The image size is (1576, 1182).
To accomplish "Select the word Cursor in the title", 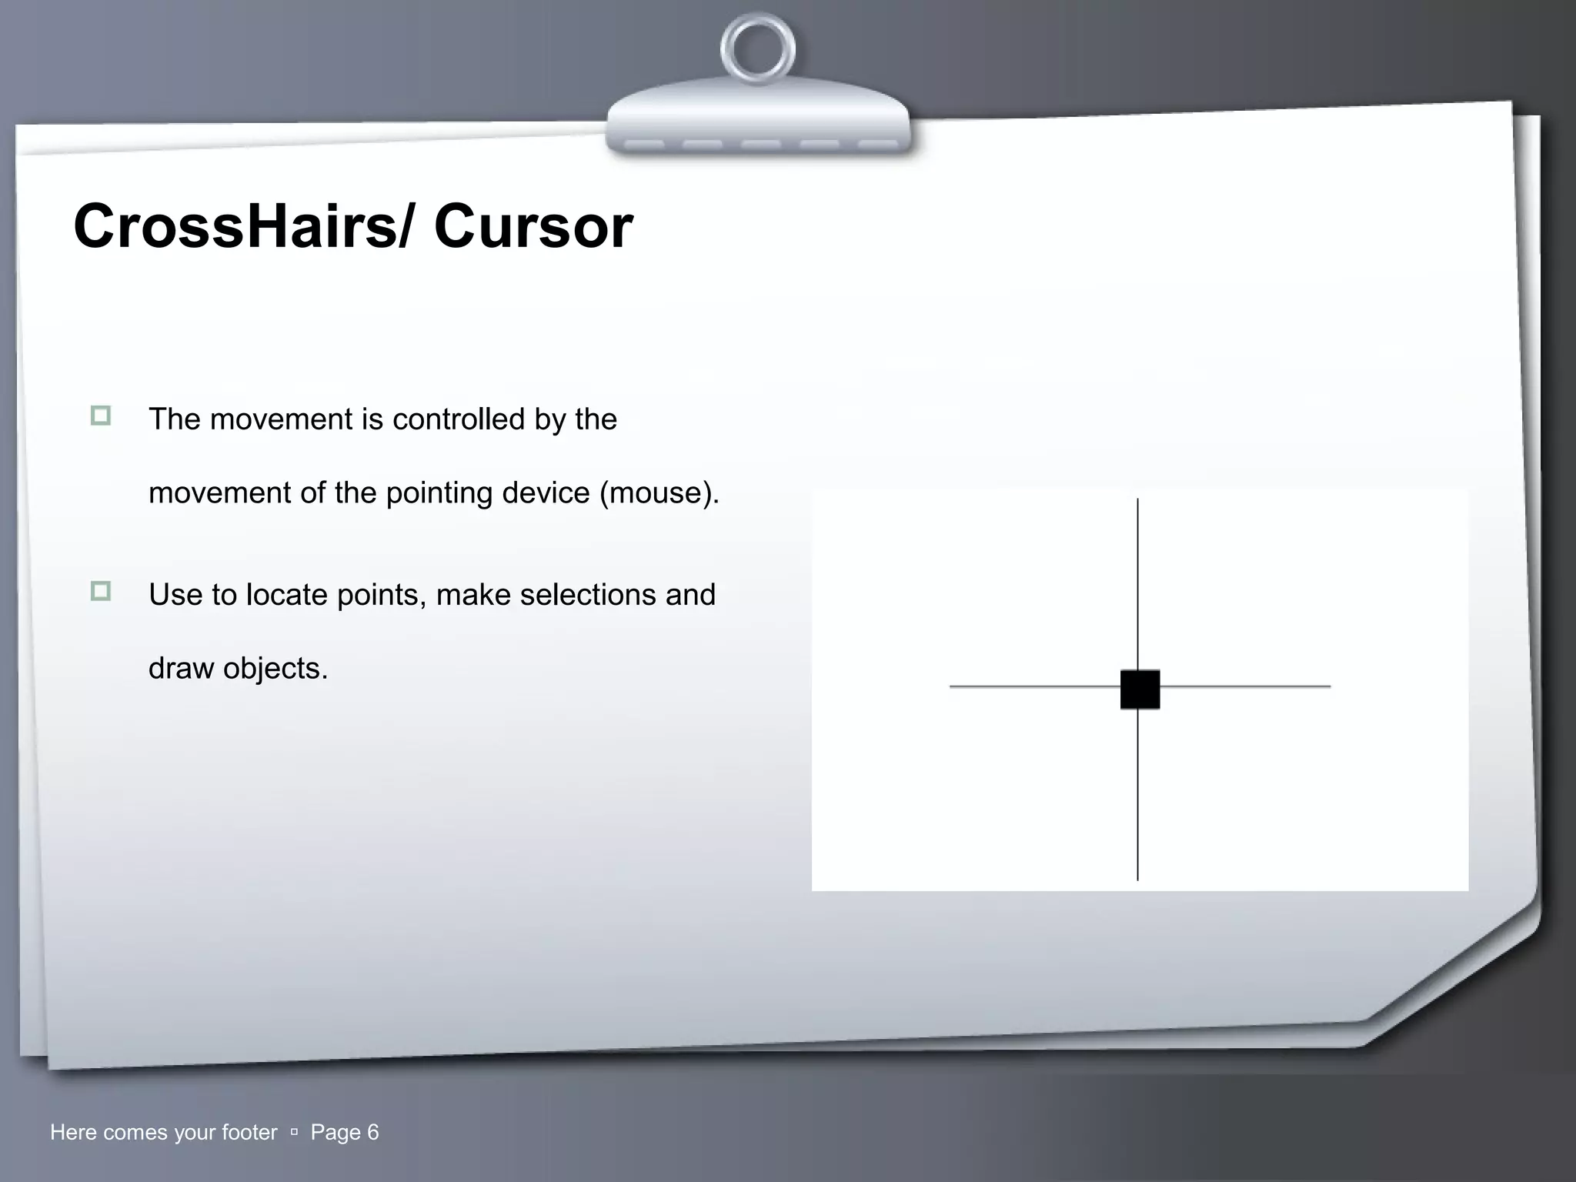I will pyautogui.click(x=533, y=226).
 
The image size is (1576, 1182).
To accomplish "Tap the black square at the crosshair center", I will pyautogui.click(x=1140, y=689).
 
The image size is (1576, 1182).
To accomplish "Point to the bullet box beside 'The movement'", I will pyautogui.click(x=101, y=416).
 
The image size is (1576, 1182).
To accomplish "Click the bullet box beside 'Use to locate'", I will pyautogui.click(x=101, y=591).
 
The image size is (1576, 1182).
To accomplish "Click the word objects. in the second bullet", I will pyautogui.click(x=275, y=669).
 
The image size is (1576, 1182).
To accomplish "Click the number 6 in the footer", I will pyautogui.click(x=373, y=1132).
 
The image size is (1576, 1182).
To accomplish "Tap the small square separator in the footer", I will pyautogui.click(x=294, y=1133).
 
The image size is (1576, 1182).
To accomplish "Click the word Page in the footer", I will pyautogui.click(x=335, y=1133).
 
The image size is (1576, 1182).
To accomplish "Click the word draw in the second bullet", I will pyautogui.click(x=181, y=668).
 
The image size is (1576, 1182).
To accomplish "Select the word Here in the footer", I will pyautogui.click(x=73, y=1132).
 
